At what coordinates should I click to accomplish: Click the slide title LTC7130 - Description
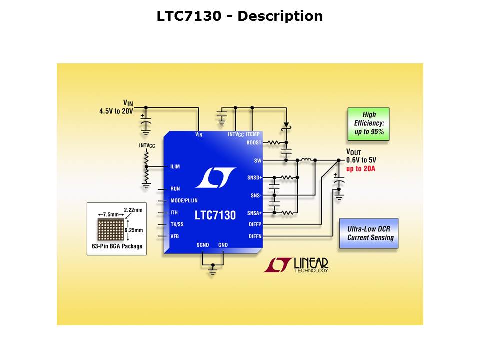pos(240,16)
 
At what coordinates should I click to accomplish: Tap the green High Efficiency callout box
pos(369,123)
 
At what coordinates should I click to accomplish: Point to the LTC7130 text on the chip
pos(215,216)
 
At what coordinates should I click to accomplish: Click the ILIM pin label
pos(175,167)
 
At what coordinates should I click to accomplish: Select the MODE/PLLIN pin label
pos(184,201)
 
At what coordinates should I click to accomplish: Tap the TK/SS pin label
pos(177,224)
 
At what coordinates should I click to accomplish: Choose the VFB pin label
pos(175,236)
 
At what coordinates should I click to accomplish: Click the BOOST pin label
pos(254,143)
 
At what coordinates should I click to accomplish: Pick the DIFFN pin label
pos(254,236)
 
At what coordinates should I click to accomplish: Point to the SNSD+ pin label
pos(254,177)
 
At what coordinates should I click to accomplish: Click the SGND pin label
pos(203,245)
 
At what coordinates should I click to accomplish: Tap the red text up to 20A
pos(361,169)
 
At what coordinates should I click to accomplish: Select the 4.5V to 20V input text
pos(116,111)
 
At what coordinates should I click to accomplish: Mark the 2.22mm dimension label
pos(133,210)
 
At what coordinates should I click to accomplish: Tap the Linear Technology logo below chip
pos(296,265)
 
